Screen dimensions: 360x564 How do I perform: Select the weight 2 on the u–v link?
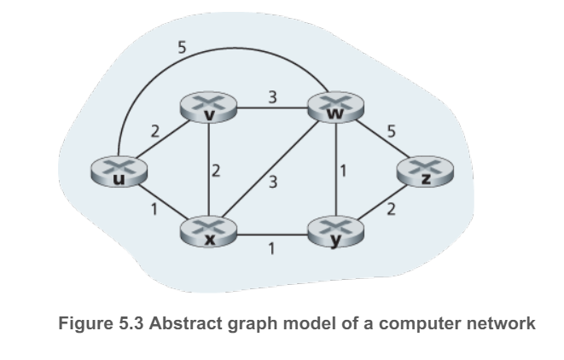pyautogui.click(x=154, y=131)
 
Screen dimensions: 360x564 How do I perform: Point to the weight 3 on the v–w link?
pyautogui.click(x=271, y=96)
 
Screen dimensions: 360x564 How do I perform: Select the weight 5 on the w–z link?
pyautogui.click(x=391, y=131)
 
